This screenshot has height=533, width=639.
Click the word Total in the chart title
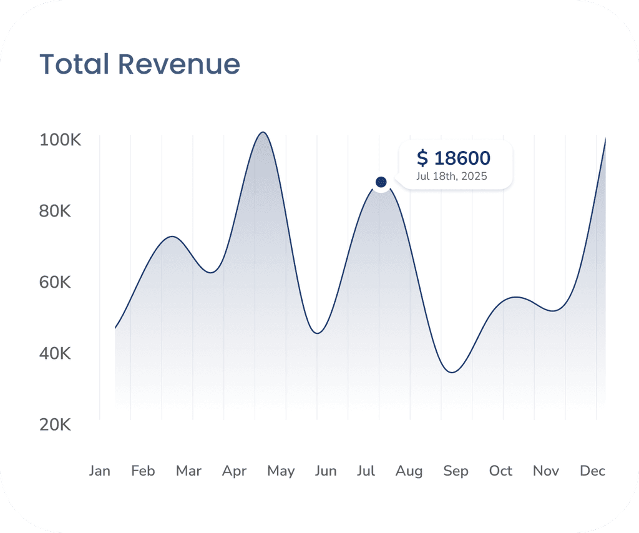coord(74,64)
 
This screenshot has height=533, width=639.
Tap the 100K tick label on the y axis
coord(61,140)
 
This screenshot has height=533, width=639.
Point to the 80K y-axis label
coord(56,211)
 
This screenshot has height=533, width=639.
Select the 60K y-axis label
coord(56,282)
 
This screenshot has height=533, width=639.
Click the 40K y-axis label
coord(56,354)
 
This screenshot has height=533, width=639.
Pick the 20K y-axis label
coord(56,425)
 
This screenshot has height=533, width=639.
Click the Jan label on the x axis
coord(100,471)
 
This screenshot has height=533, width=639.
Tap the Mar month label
coord(188,471)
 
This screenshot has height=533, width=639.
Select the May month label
coord(281,471)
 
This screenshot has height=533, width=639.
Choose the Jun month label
coord(326,471)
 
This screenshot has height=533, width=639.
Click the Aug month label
coord(409,471)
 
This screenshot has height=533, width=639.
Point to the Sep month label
coord(456,471)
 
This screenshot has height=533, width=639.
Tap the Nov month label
coord(546,471)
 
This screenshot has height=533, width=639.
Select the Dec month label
coord(592,471)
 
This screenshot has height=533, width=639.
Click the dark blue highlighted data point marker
coord(381,182)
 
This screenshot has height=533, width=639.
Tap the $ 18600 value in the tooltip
coord(454,158)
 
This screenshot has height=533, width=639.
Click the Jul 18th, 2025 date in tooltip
coord(452,177)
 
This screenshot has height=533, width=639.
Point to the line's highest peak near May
coord(263,132)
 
